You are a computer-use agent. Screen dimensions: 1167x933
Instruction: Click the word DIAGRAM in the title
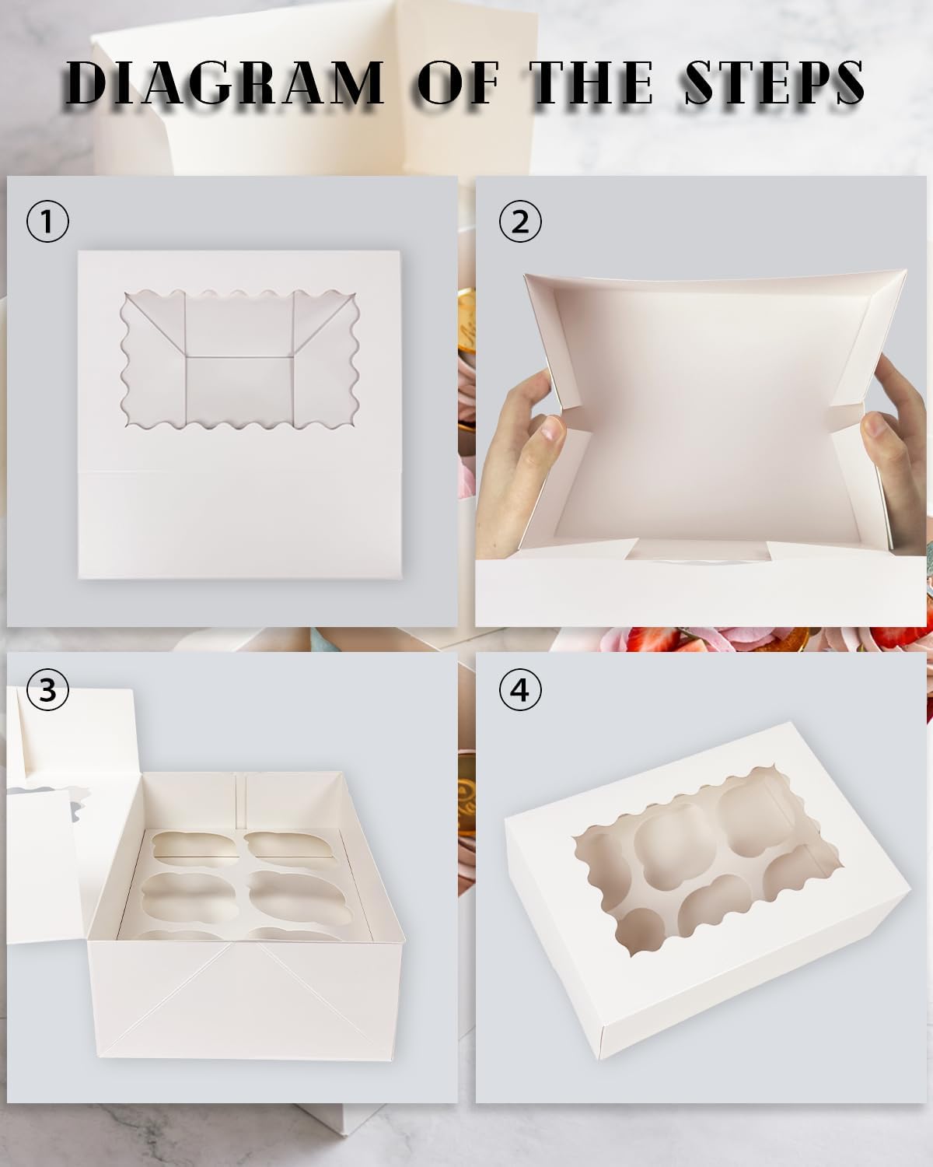pyautogui.click(x=225, y=82)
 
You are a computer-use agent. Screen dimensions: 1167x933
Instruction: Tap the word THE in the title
pyautogui.click(x=591, y=82)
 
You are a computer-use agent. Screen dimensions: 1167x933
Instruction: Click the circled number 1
pyautogui.click(x=47, y=222)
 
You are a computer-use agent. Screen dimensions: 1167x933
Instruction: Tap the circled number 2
pyautogui.click(x=520, y=222)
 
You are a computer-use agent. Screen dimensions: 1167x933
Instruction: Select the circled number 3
pyautogui.click(x=47, y=689)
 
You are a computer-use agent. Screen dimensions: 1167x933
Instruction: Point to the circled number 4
pyautogui.click(x=520, y=689)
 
